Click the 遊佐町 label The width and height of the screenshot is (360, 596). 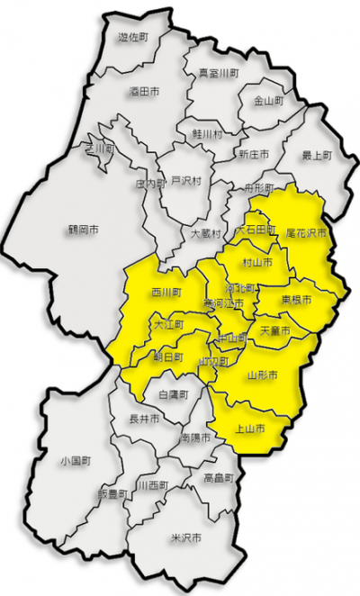pyautogui.click(x=134, y=38)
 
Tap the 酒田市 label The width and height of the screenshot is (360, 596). pyautogui.click(x=144, y=91)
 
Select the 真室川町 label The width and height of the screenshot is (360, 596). pyautogui.click(x=219, y=72)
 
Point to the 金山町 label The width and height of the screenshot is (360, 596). pyautogui.click(x=268, y=101)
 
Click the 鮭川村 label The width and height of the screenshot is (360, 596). pyautogui.click(x=206, y=133)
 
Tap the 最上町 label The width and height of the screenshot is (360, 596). pyautogui.click(x=316, y=155)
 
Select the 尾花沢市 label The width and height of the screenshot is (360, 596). pyautogui.click(x=305, y=231)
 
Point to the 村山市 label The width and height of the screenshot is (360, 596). pyautogui.click(x=258, y=263)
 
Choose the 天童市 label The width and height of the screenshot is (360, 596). pyautogui.click(x=274, y=331)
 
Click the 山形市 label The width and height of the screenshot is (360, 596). pyautogui.click(x=262, y=373)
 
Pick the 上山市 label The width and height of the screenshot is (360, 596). pyautogui.click(x=248, y=429)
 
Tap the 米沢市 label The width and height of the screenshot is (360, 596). pyautogui.click(x=185, y=537)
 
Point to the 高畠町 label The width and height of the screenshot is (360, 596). pyautogui.click(x=219, y=477)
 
